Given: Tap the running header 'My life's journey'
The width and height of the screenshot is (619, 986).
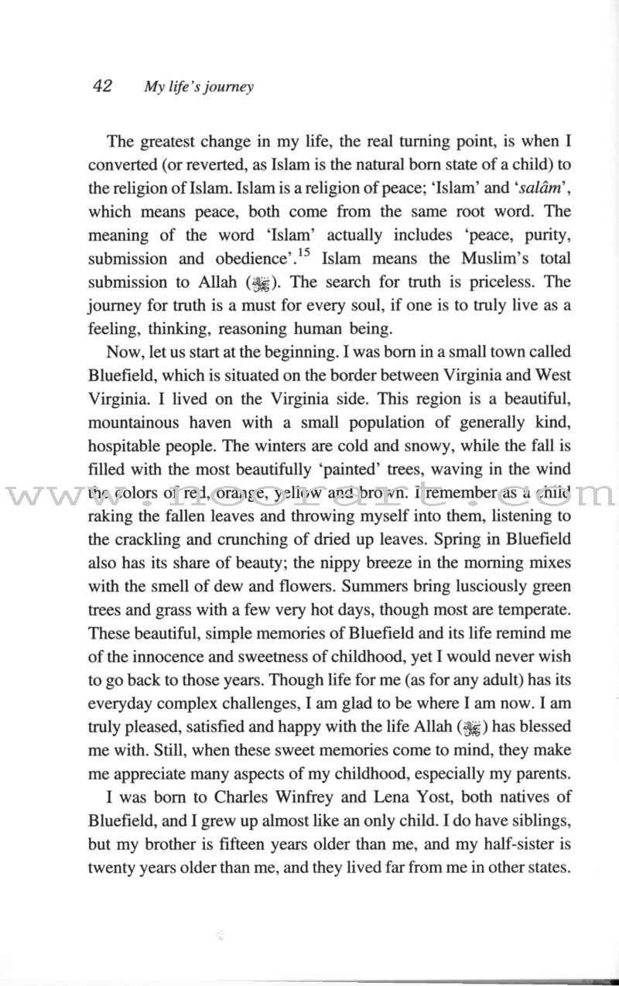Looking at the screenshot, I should [x=199, y=87].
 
